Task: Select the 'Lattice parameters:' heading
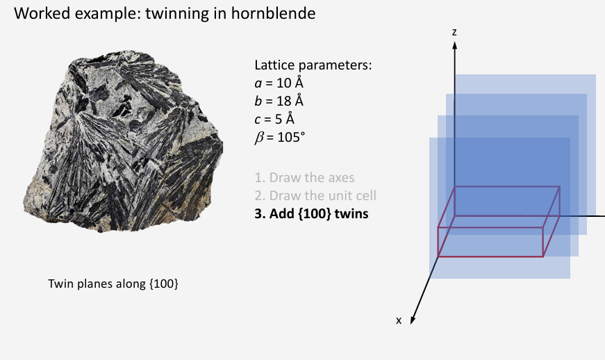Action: tap(313, 65)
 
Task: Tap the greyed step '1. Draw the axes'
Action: tap(305, 177)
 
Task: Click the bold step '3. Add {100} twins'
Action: tap(311, 213)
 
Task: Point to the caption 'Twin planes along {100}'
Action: tap(113, 284)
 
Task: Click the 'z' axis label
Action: tap(454, 32)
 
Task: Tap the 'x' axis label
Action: tap(399, 320)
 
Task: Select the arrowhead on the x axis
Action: tap(413, 319)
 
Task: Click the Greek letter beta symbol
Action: tap(260, 137)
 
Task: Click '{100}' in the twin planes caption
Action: tap(164, 284)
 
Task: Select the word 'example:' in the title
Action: tap(108, 13)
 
